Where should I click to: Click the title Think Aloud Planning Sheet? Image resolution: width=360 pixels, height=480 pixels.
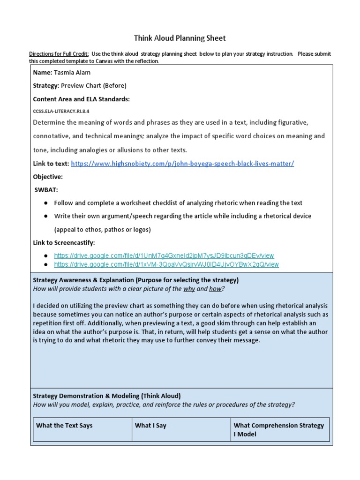click(180, 38)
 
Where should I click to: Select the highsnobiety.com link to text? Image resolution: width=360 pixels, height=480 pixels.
click(182, 164)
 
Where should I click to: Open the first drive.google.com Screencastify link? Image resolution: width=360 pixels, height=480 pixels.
click(164, 255)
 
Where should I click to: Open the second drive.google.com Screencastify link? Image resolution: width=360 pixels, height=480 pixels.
click(166, 264)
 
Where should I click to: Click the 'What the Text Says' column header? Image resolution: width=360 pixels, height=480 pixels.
click(64, 426)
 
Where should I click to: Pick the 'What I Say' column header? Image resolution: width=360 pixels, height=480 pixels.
click(150, 426)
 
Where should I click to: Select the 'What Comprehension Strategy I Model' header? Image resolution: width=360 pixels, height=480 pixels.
click(278, 430)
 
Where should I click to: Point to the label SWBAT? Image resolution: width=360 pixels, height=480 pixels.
click(46, 190)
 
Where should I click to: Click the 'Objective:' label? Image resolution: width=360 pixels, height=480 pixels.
click(48, 177)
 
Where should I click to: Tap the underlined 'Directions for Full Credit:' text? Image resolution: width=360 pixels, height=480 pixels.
click(59, 54)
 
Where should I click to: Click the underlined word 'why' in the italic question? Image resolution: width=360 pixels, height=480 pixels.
click(189, 289)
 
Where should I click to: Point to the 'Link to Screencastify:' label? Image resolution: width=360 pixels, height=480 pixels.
click(64, 242)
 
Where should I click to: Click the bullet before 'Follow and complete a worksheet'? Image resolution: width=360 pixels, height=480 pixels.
click(46, 203)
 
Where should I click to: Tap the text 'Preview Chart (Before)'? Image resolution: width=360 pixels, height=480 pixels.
click(100, 86)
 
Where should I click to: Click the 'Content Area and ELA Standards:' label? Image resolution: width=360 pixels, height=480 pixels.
click(81, 99)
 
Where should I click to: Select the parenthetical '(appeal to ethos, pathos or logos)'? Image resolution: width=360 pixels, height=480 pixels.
click(102, 229)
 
